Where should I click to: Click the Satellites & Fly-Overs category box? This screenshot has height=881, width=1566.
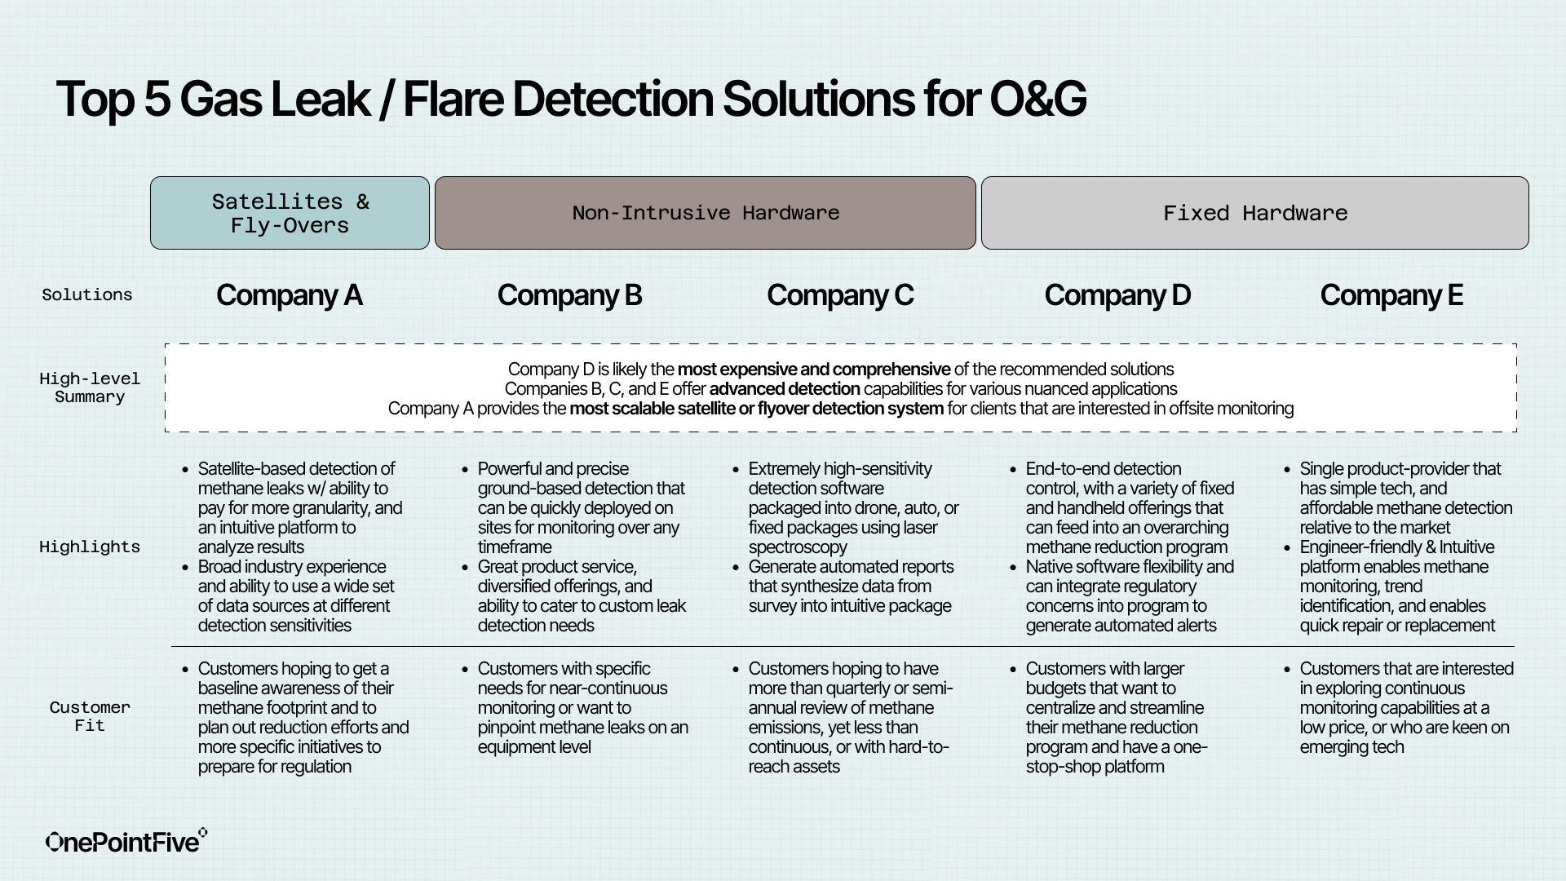[x=290, y=213]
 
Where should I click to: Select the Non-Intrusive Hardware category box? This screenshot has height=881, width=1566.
[x=705, y=213]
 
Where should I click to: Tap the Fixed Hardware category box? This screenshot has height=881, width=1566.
[x=1254, y=213]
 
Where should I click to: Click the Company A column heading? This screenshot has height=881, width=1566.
[x=289, y=295]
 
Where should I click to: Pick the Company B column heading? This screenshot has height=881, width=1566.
[x=569, y=295]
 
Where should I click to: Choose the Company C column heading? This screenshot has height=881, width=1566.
[x=839, y=295]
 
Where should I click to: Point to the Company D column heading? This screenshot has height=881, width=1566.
[x=1117, y=295]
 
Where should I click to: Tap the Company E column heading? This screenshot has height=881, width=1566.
[x=1391, y=295]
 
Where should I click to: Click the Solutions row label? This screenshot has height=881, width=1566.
[x=87, y=295]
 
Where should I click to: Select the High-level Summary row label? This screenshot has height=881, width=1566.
[x=90, y=388]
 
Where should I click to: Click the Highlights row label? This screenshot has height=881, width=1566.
[x=90, y=547]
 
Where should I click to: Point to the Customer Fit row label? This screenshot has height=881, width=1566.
[x=90, y=716]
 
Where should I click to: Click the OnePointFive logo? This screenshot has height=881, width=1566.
[x=126, y=842]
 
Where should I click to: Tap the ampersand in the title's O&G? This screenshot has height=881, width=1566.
[x=1037, y=100]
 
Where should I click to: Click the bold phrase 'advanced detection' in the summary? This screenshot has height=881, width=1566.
[x=784, y=389]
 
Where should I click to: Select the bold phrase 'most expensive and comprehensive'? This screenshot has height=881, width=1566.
[x=813, y=370]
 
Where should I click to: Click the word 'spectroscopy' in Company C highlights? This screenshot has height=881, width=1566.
[x=798, y=547]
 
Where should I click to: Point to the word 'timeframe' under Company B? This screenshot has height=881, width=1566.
[x=514, y=547]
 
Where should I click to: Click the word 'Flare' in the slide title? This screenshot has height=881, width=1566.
[x=453, y=100]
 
